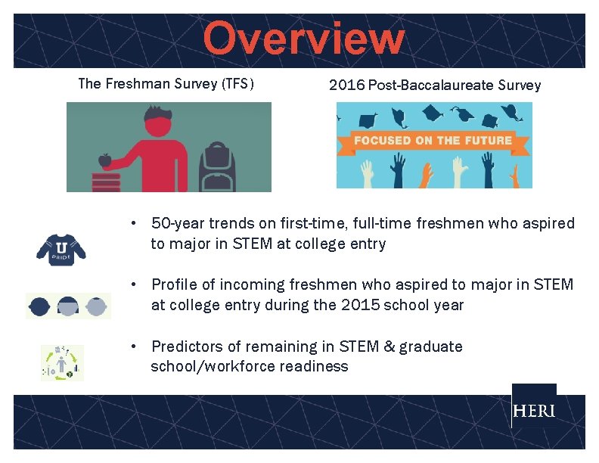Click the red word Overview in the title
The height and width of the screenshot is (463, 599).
[x=303, y=39]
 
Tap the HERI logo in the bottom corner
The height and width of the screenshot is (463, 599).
[x=533, y=411]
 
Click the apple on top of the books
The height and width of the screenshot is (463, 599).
[x=104, y=160]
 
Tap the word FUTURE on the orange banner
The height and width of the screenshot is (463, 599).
[x=487, y=141]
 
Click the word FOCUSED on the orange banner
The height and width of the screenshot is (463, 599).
[x=382, y=141]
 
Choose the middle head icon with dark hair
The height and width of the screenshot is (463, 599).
[x=68, y=306]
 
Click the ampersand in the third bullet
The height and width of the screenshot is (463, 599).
[x=389, y=346]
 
